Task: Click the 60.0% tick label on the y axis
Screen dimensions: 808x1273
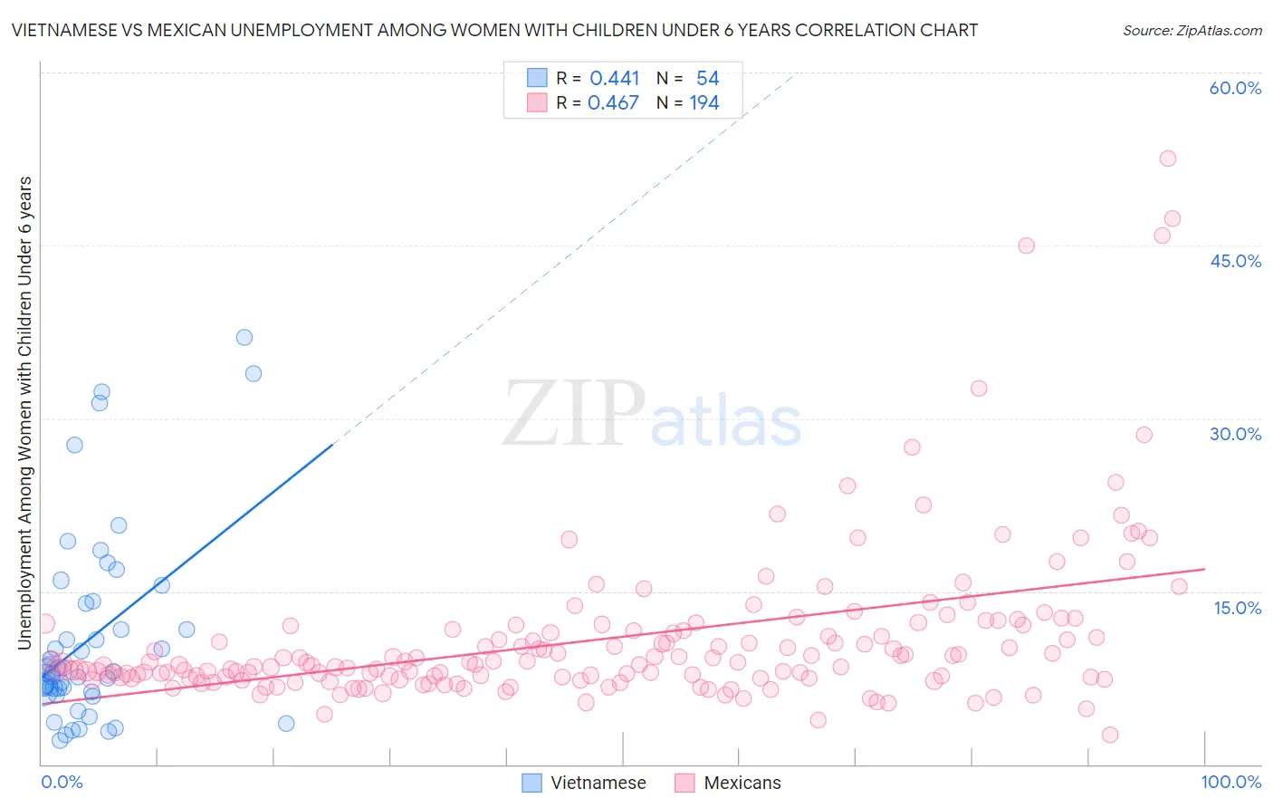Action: coord(1235,88)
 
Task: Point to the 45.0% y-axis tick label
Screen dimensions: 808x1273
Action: coord(1235,261)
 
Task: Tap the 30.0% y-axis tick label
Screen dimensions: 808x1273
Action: coord(1235,434)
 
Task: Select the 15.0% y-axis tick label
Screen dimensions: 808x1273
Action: coord(1237,608)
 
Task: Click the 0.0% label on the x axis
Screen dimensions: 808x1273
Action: coord(62,782)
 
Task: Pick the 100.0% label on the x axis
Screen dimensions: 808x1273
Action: coord(1230,782)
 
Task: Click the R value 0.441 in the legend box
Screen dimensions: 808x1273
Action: coord(615,79)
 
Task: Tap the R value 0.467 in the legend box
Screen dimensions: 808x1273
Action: coord(614,103)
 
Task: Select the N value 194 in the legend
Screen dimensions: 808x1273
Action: coord(704,103)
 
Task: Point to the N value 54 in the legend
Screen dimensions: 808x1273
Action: coord(707,79)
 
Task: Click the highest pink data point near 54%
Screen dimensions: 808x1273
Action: coord(1168,159)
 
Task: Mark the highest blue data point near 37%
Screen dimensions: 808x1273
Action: coord(244,337)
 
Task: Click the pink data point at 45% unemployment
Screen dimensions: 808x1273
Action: coord(1026,245)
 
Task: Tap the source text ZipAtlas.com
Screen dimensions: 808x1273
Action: coord(1192,30)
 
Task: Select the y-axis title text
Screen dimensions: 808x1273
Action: coord(25,413)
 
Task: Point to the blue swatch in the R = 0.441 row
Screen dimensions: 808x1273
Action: coord(536,79)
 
